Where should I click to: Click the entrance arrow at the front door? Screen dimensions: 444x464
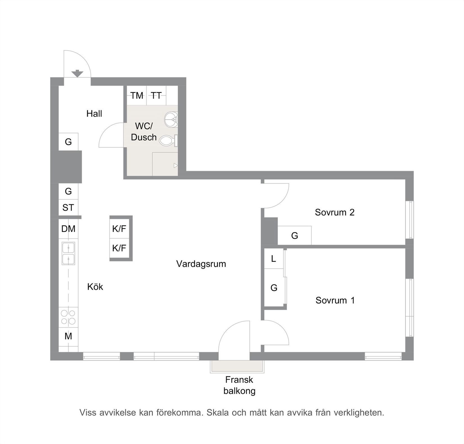pos(77,74)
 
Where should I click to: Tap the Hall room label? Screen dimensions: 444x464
pos(94,114)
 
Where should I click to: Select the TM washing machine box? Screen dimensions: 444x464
pos(137,96)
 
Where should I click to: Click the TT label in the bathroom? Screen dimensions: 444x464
pos(156,96)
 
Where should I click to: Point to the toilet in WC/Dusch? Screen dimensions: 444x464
pos(168,140)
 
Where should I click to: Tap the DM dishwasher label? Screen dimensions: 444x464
pos(68,229)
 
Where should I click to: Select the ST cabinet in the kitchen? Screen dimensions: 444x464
pos(68,208)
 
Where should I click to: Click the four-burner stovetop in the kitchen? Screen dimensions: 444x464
pos(68,317)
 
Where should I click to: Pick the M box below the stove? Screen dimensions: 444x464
pos(68,336)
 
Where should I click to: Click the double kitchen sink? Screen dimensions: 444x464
pos(68,254)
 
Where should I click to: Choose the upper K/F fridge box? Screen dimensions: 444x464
pos(119,229)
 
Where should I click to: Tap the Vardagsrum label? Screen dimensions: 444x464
pos(201,264)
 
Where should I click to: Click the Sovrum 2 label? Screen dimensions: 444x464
pos(334,212)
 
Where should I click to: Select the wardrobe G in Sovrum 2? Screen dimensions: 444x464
pos(294,235)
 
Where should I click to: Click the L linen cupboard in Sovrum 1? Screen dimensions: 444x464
pos(273,259)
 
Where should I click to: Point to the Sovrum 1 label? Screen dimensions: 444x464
pos(335,300)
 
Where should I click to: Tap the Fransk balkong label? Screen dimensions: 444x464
pos(239,385)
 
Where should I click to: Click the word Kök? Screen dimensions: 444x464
pos(95,287)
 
